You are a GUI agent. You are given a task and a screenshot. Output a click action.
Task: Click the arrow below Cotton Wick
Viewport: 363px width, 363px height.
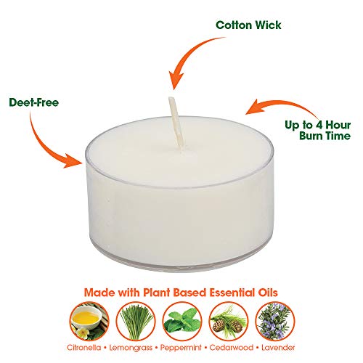pos(187,58)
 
